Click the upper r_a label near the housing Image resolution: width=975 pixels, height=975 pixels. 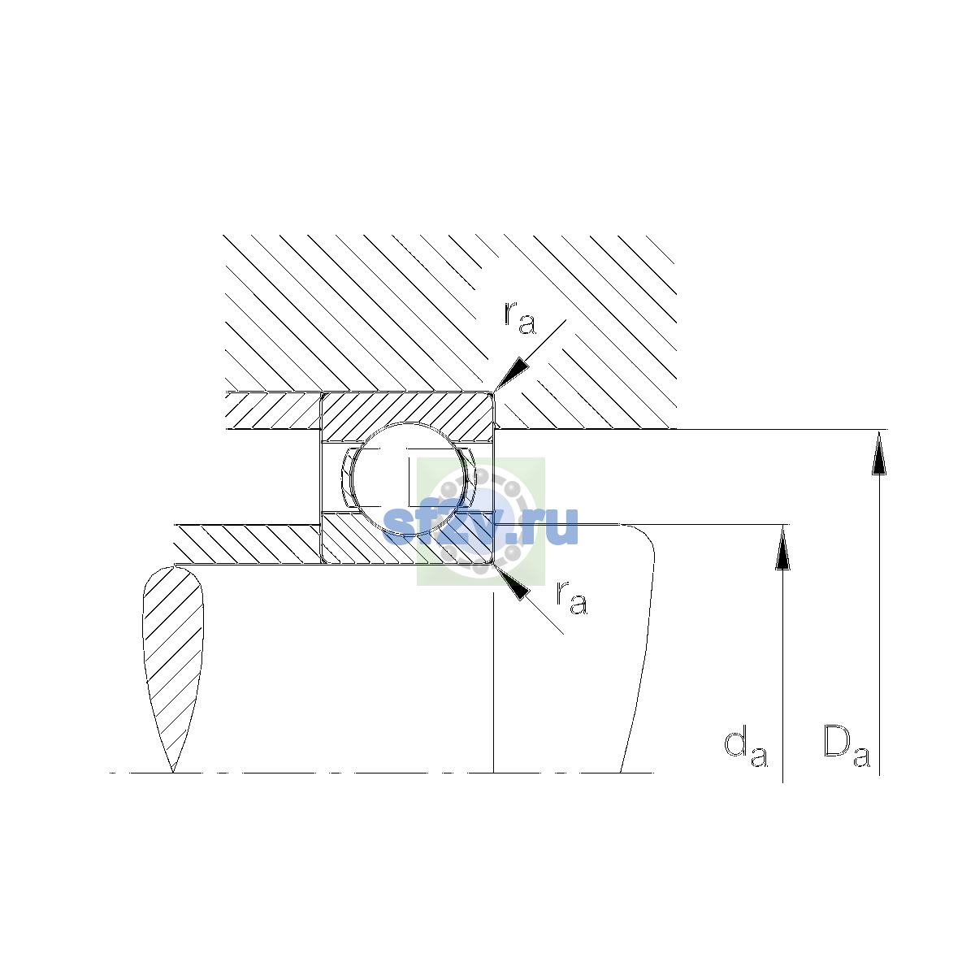[x=520, y=318]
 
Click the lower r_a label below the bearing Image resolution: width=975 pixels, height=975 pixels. [x=572, y=599]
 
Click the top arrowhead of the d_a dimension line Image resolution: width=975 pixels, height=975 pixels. [x=782, y=547]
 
